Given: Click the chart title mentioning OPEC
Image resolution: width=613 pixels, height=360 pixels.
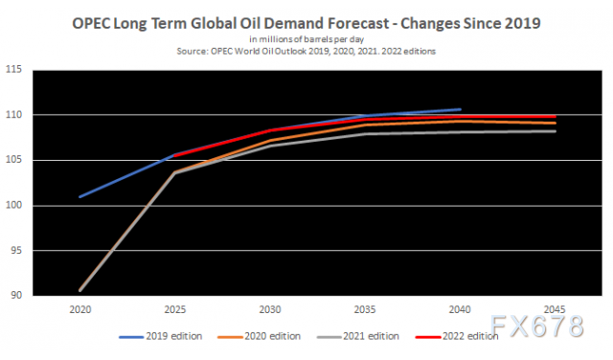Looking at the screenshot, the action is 306,23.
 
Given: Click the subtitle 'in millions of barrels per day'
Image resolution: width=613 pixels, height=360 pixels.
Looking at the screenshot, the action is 306,39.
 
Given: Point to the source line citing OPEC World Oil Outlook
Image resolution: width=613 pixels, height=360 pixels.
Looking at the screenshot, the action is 306,51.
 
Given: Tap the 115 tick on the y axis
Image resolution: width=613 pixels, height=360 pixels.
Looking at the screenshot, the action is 13,70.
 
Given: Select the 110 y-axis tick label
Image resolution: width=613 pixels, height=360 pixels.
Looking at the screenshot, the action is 13,115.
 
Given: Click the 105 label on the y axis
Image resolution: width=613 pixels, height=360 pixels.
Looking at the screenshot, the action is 13,160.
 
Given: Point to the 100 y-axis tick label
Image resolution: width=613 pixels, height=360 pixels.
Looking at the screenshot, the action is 13,206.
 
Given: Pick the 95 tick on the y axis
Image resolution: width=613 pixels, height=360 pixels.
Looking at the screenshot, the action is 16,251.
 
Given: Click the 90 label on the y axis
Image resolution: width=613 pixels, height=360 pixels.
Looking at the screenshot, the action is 16,296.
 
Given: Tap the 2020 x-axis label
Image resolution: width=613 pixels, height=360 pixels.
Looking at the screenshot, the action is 80,309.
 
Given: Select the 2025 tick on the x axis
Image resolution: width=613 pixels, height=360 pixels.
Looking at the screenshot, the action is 175,309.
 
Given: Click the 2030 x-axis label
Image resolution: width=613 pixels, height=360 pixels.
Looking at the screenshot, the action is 270,309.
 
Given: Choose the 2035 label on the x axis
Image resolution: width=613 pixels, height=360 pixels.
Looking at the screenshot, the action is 365,309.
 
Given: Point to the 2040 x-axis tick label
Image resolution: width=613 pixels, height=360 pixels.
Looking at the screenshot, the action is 460,309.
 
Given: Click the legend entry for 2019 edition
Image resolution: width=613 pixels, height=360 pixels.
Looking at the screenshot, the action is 161,336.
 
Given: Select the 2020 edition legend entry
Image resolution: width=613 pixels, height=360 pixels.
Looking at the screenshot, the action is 260,336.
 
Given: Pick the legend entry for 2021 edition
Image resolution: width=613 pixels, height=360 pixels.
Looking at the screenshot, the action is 357,336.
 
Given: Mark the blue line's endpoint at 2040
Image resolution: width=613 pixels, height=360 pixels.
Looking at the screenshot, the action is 460,109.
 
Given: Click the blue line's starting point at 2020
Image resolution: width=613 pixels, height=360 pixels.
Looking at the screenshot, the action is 80,196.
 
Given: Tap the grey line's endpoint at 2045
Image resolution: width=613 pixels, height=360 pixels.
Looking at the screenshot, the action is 555,131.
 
